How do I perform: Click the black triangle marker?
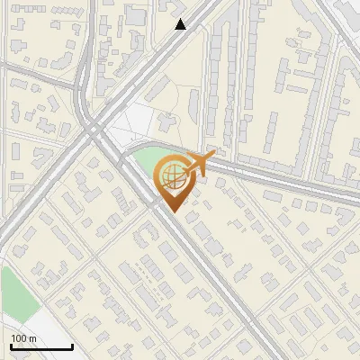pos(181,24)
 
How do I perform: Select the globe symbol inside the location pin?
pos(171,175)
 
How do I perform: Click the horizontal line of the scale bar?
pos(41,346)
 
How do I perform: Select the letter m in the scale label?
pos(32,338)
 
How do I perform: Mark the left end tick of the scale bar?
pos(11,345)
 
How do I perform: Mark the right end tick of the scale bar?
pos(72,345)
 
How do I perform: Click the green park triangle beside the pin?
pos(144,166)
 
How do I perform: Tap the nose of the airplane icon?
pos(215,157)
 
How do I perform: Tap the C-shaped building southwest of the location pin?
pos(143,237)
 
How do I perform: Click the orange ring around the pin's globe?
pos(158,175)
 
